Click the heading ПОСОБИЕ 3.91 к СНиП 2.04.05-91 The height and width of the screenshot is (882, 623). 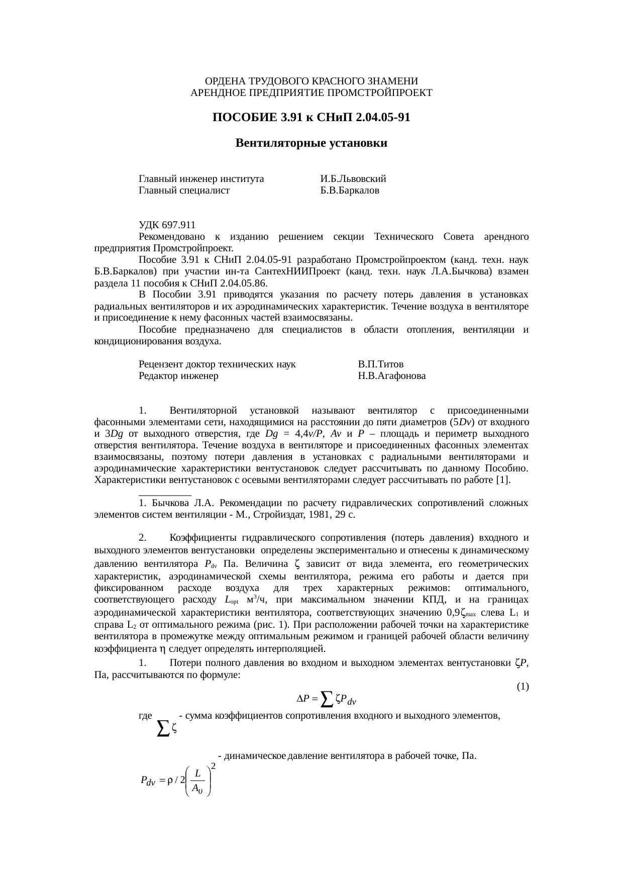311,118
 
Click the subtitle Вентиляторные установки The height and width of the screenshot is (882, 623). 311,143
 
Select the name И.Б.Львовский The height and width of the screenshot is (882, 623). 353,179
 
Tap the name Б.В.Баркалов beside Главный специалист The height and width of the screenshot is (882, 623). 350,190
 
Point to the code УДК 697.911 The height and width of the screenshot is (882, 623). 167,225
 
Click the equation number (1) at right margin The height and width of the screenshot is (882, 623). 523,686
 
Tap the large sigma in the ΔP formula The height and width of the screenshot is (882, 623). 326,697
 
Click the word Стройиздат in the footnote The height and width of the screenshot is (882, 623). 282,515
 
